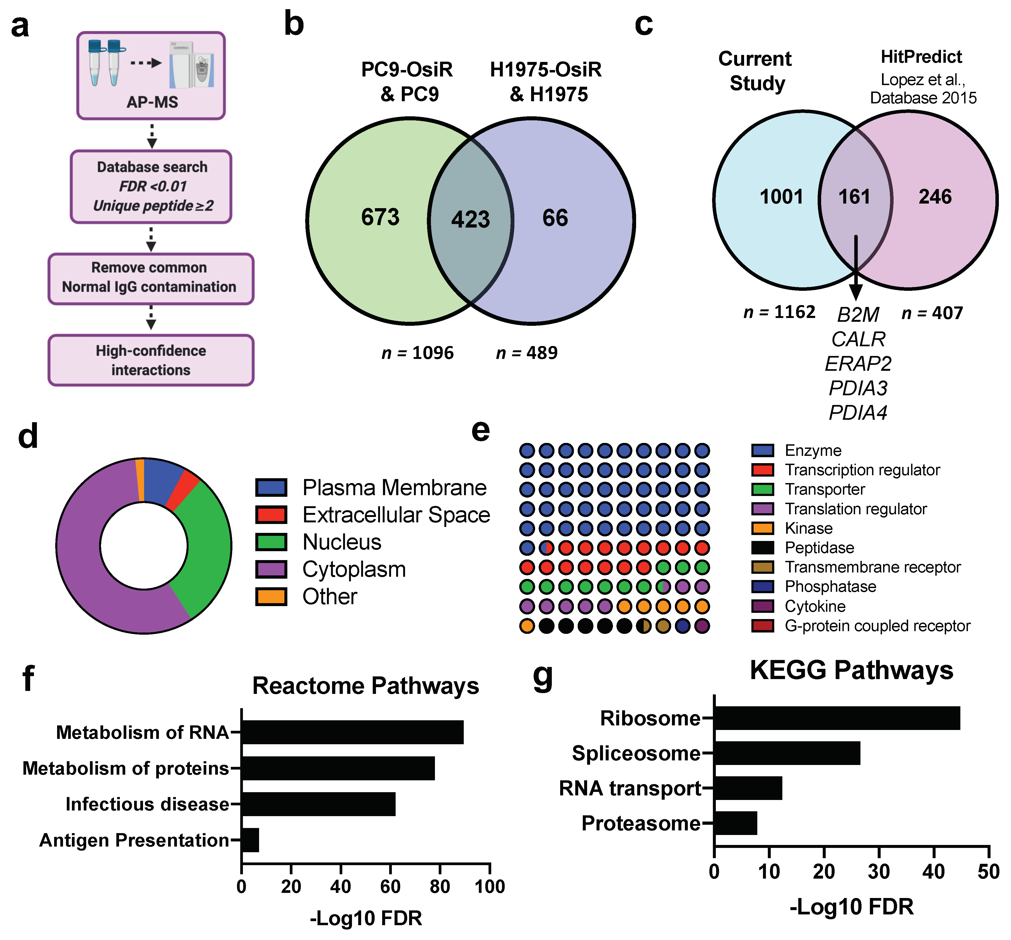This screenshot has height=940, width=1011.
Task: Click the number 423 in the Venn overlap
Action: [470, 220]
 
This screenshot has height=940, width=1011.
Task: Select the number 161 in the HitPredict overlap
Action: [854, 197]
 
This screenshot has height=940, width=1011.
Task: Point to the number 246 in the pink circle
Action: [935, 197]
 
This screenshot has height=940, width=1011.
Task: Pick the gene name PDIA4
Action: [858, 413]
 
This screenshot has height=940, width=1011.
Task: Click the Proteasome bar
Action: [735, 823]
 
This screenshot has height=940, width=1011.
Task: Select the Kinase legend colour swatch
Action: [762, 528]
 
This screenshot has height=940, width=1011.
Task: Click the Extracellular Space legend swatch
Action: [271, 515]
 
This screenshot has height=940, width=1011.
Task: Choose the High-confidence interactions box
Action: [151, 360]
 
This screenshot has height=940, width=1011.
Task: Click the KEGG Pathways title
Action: [851, 670]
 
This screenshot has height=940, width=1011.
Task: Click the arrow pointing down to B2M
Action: [856, 270]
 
